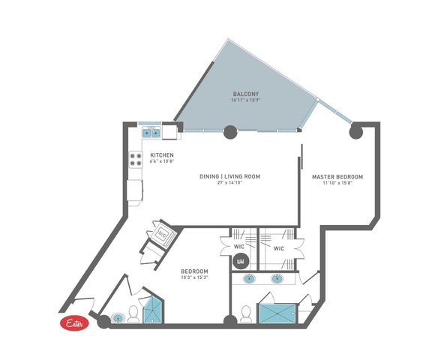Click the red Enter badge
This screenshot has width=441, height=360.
(74, 323)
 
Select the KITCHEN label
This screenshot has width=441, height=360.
(162, 155)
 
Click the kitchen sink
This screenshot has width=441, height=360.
(152, 133)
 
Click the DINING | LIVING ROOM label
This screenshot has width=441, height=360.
(229, 176)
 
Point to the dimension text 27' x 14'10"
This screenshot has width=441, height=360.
(229, 183)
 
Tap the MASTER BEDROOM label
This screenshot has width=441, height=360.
(337, 176)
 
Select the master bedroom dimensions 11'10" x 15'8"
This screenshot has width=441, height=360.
(337, 183)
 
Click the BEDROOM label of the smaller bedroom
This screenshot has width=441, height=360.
(194, 271)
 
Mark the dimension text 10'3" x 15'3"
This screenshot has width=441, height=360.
(194, 277)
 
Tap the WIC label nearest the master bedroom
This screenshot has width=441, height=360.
(278, 248)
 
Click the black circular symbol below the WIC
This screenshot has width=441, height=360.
(241, 262)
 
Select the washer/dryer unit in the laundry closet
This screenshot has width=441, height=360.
(163, 235)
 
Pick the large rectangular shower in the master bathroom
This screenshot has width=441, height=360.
(277, 312)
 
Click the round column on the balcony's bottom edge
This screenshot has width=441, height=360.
(229, 132)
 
